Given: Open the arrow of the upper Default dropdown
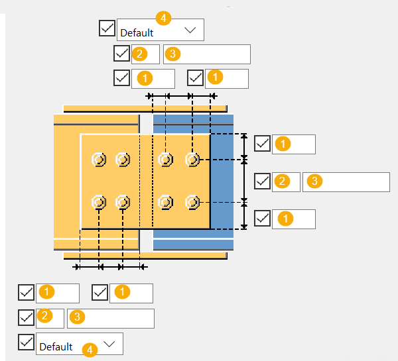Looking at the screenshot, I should (190, 30).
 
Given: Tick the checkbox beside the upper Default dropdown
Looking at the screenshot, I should (107, 28).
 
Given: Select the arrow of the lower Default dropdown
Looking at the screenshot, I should (109, 343).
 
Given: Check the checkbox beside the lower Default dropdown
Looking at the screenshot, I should (27, 342).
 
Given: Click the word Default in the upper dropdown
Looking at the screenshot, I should (137, 32).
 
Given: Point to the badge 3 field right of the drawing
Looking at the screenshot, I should (346, 182).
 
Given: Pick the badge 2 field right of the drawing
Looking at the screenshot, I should (286, 182).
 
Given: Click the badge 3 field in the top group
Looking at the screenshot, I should (206, 54).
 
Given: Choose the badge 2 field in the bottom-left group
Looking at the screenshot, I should (50, 318).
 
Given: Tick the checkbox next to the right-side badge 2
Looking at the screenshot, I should (263, 181).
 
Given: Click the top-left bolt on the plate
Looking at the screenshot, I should (99, 160).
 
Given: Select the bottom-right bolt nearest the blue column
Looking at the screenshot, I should (192, 201).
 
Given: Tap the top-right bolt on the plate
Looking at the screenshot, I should (192, 160).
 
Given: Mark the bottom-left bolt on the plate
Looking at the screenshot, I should (99, 201).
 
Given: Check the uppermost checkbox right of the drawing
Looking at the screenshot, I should (263, 143).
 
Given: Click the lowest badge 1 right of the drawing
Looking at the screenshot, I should (283, 219).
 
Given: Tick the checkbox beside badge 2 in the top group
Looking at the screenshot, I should (121, 54).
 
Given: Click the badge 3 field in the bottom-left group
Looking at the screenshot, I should (110, 318).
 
